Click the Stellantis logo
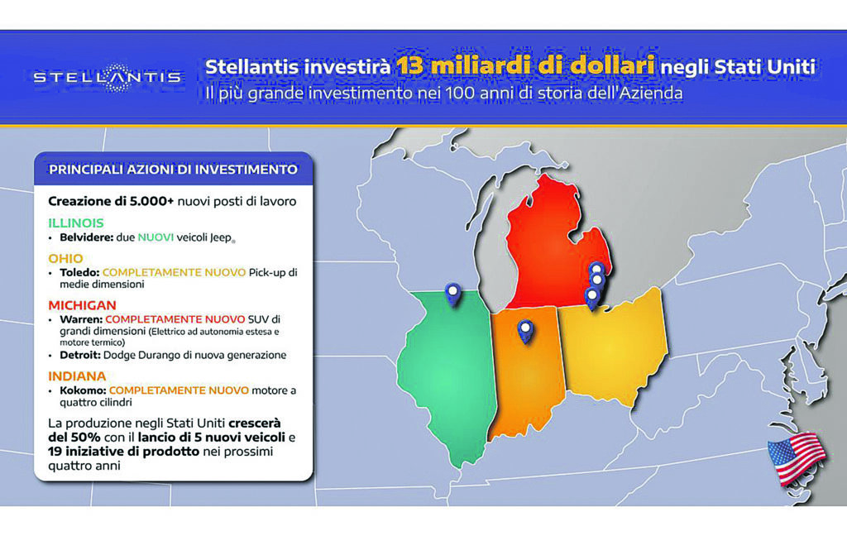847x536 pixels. tap(108, 77)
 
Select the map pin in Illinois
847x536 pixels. tap(452, 293)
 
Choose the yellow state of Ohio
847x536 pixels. tap(608, 347)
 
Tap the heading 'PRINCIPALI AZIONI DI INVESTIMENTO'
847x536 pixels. tap(173, 170)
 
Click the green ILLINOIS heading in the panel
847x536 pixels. tap(76, 223)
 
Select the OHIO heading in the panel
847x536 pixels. tap(66, 258)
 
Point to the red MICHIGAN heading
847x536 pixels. tap(82, 305)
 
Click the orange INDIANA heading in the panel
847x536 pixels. tap(78, 376)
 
